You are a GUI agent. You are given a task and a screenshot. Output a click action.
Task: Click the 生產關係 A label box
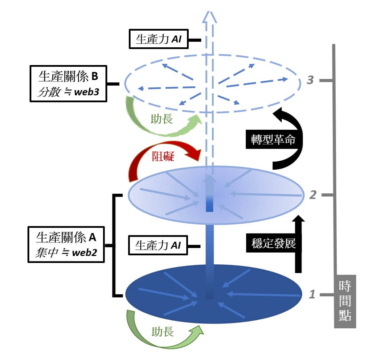point(66,245)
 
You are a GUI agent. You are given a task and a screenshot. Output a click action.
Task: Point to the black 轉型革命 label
point(273,140)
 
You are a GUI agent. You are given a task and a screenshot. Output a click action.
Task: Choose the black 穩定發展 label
point(273,243)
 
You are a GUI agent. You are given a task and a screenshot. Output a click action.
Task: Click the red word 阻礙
point(163,157)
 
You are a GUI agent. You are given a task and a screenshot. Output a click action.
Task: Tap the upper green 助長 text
point(162,119)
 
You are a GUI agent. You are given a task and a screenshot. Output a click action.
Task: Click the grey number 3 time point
point(311,80)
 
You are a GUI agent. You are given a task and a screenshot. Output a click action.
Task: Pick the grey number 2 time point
point(313,195)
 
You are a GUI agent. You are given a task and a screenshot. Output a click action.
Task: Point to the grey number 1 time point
point(312,295)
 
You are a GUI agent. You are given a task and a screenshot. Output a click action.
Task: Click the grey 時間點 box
point(345,301)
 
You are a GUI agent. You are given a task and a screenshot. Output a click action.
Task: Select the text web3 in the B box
point(87,93)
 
